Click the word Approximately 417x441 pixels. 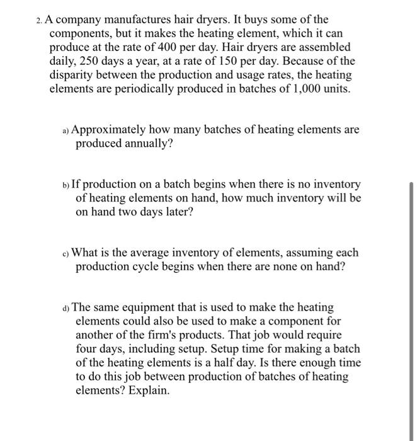pos(110,130)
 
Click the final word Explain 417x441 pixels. pos(149,391)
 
